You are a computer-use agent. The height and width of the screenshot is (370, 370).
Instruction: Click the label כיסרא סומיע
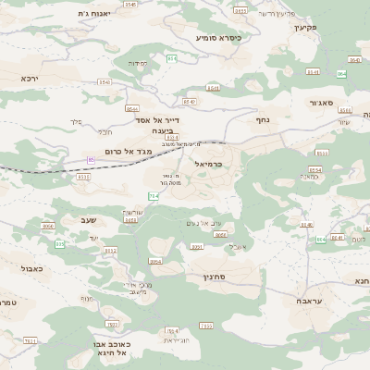click(x=218, y=38)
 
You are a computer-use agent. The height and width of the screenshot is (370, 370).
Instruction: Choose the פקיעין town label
click(x=306, y=27)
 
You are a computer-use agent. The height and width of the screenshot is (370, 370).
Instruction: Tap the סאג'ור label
click(x=327, y=103)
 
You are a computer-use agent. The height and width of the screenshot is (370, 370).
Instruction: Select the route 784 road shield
click(x=154, y=196)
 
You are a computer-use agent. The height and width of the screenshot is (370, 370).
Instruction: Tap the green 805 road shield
click(x=60, y=244)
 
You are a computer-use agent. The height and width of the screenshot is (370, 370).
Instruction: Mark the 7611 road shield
click(x=31, y=340)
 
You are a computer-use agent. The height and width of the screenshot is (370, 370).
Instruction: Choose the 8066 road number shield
click(x=48, y=226)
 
